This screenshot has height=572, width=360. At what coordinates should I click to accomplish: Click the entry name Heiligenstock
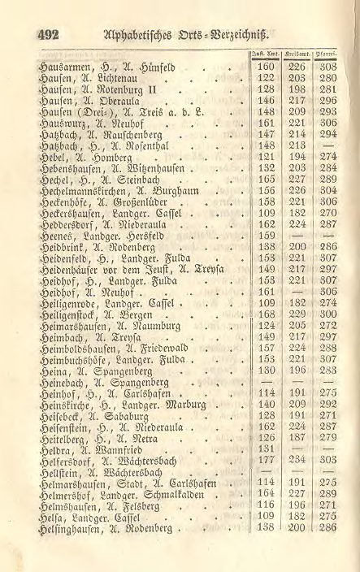tap(75, 336)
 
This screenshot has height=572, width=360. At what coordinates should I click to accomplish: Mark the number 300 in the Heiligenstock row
tap(329, 336)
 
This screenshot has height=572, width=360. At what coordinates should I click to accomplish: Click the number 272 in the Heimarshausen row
tap(329, 349)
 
